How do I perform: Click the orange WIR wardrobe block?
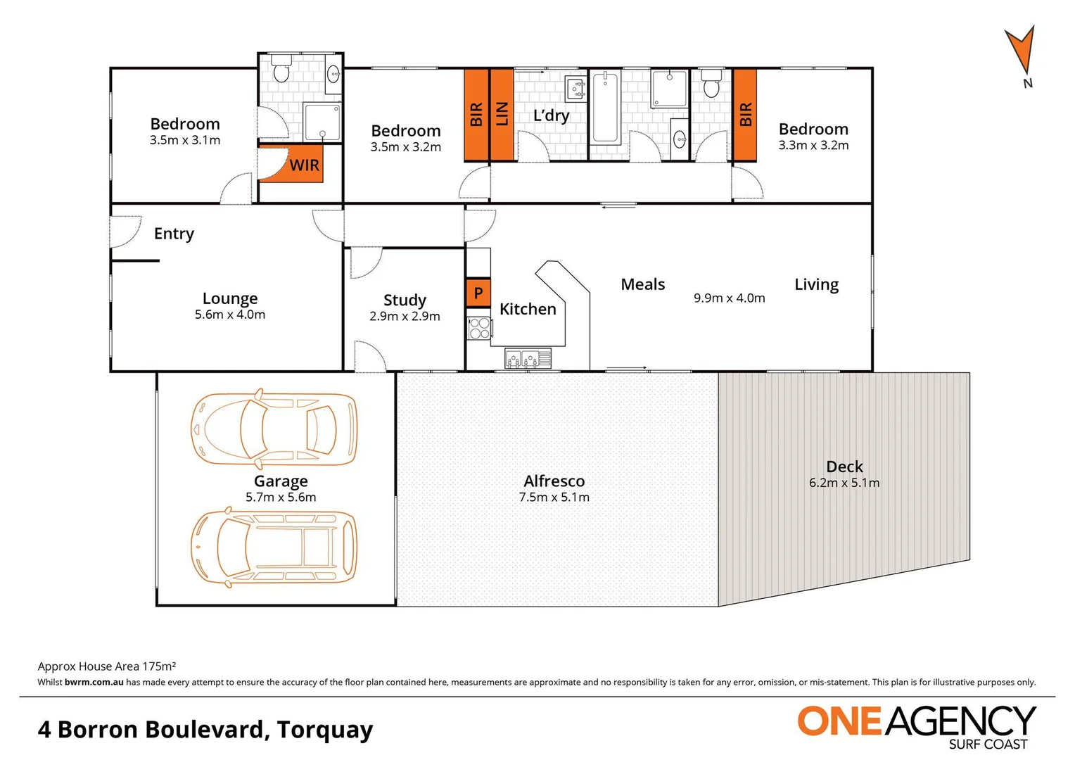click(291, 164)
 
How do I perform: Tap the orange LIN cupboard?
click(502, 114)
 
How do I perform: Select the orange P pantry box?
click(478, 293)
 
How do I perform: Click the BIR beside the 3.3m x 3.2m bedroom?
click(745, 114)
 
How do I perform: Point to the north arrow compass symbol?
click(1020, 55)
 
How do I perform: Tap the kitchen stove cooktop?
click(480, 328)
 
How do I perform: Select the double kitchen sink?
click(528, 360)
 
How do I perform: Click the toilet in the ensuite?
click(281, 69)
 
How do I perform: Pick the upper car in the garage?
click(274, 429)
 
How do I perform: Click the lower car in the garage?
click(274, 547)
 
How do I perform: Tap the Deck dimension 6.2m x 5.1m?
click(844, 483)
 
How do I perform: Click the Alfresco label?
click(554, 481)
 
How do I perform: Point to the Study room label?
click(405, 300)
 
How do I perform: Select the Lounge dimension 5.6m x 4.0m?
click(230, 315)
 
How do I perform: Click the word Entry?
click(174, 234)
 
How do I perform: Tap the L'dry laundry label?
click(551, 115)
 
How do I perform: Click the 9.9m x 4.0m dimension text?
click(729, 298)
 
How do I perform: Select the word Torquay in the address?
click(324, 730)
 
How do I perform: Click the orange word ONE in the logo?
click(839, 722)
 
